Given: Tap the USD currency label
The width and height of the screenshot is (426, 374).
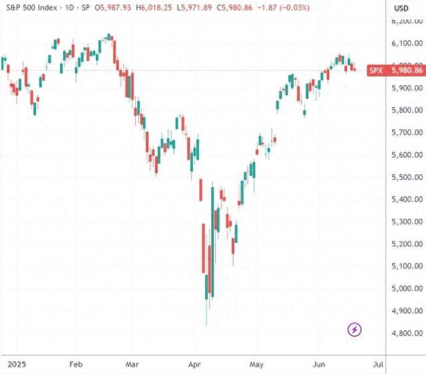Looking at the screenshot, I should click(401, 8).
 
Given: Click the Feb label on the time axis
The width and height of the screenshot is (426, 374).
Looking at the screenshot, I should click(76, 365).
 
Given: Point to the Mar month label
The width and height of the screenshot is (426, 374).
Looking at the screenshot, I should click(133, 365).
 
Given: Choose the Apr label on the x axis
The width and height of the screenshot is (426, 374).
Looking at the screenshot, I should click(195, 365).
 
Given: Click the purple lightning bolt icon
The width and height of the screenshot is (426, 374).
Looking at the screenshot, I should click(355, 329).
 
